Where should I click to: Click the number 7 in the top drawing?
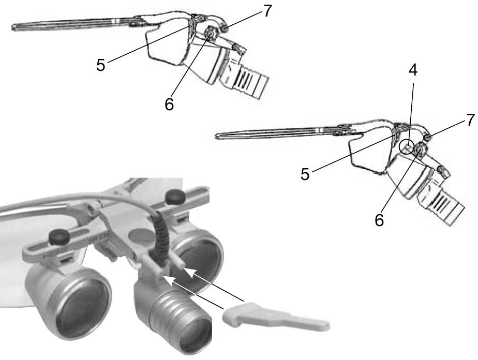click(x=266, y=11)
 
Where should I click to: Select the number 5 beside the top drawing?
click(x=101, y=65)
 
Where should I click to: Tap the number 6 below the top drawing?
click(x=170, y=104)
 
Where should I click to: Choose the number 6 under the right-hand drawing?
click(x=380, y=219)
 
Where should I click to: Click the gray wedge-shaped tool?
click(x=274, y=317)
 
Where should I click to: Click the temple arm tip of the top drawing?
click(x=14, y=26)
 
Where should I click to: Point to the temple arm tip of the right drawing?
click(x=219, y=137)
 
